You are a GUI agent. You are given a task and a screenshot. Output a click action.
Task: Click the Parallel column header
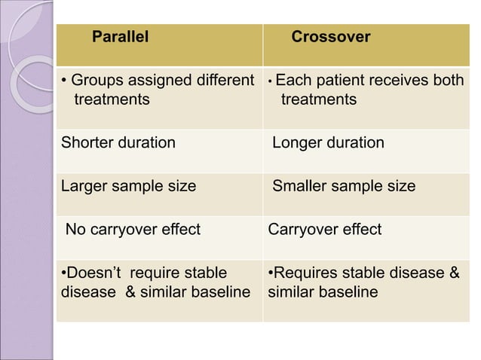120,36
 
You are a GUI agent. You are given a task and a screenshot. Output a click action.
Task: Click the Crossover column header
330,36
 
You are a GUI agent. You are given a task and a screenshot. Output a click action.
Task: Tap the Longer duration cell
328,143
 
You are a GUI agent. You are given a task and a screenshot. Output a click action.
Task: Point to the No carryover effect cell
133,229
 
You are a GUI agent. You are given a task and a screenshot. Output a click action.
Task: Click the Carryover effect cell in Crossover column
325,229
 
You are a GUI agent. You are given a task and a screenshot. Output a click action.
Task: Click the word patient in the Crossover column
343,81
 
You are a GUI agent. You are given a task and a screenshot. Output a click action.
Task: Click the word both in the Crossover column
446,81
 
